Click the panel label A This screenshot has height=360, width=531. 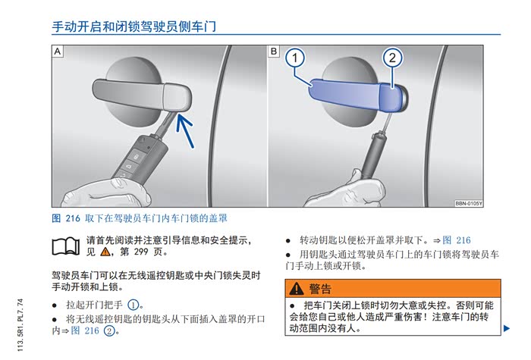click(58, 52)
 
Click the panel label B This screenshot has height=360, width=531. click(274, 52)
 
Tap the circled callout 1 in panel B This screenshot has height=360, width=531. click(295, 58)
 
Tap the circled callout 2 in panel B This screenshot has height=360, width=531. click(392, 58)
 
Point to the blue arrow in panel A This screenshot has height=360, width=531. click(186, 131)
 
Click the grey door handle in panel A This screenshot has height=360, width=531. click(142, 95)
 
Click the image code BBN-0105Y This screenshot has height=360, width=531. click(468, 203)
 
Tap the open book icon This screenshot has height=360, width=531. click(66, 246)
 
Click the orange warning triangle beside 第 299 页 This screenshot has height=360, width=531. click(105, 252)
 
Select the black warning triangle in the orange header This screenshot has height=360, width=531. click(297, 288)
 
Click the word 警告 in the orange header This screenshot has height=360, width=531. click(320, 289)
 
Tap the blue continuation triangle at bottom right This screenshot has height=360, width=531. click(507, 328)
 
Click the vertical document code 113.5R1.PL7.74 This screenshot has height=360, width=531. click(20, 325)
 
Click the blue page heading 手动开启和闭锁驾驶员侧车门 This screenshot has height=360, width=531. click(134, 27)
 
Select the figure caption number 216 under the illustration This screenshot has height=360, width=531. click(73, 218)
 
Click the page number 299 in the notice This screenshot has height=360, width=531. click(141, 252)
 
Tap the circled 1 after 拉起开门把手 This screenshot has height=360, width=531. click(133, 305)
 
